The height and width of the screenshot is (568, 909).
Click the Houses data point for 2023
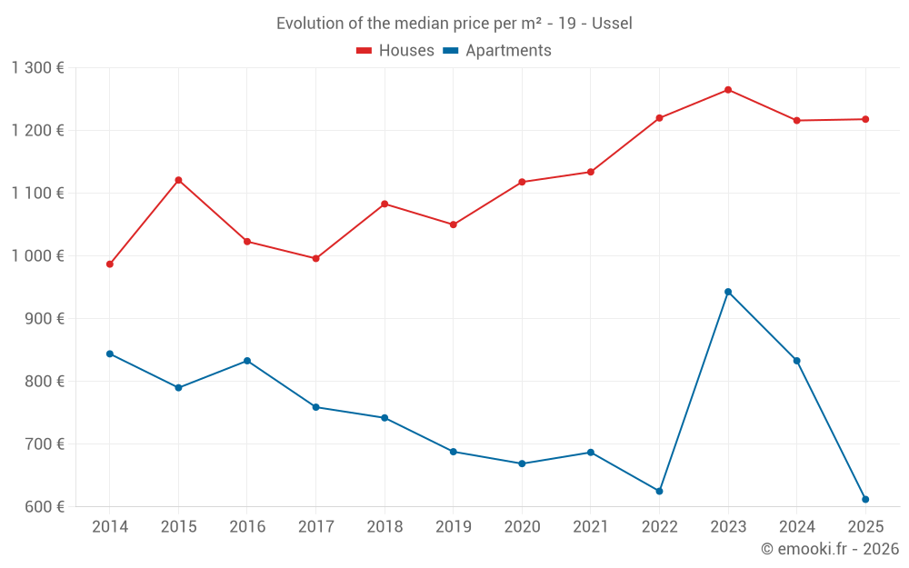tap(728, 90)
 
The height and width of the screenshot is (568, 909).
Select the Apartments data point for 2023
tap(728, 292)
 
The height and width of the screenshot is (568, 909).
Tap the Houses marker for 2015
tap(178, 180)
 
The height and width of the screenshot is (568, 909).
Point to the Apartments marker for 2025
tap(865, 499)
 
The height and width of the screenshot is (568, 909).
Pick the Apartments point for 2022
tap(659, 491)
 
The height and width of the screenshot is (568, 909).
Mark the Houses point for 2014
tap(110, 264)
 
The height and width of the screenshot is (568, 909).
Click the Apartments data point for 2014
tap(110, 354)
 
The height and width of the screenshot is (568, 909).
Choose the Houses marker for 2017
tap(315, 259)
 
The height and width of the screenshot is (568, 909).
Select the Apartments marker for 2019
tap(454, 452)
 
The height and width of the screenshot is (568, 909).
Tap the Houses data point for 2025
tap(865, 119)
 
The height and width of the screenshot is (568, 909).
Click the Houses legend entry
tap(395, 51)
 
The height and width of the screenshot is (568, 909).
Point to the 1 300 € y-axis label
tap(38, 68)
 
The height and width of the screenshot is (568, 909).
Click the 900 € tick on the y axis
tap(45, 319)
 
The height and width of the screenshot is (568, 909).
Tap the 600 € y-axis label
tap(45, 507)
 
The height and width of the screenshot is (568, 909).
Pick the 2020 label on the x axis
tap(522, 527)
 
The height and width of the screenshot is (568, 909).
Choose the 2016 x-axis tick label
tap(247, 527)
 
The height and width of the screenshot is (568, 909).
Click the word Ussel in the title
tap(612, 24)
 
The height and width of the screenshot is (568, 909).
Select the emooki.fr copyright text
tap(829, 549)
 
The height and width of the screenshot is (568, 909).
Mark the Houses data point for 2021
tap(591, 172)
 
